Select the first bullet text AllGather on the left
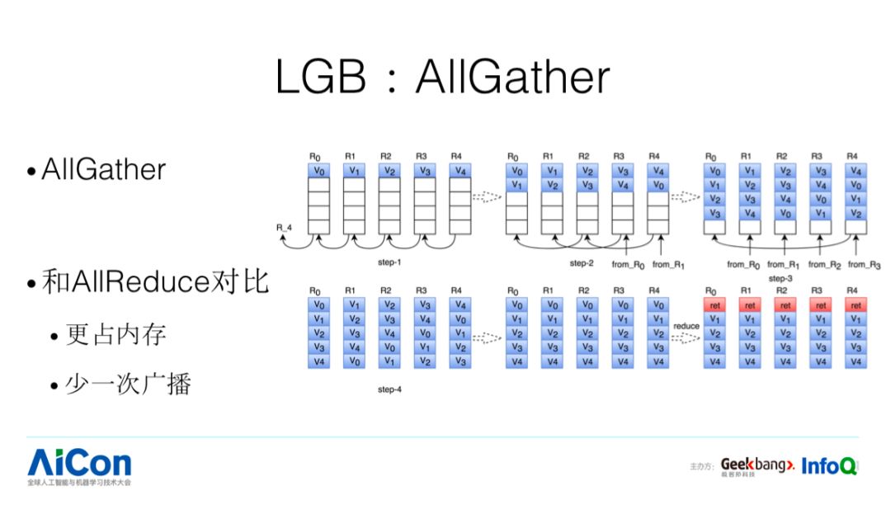[103, 170]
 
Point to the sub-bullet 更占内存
[115, 334]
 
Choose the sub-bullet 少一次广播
[128, 385]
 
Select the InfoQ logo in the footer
[828, 465]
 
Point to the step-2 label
[582, 263]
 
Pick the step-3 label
[780, 279]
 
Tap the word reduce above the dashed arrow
[686, 326]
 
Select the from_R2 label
[823, 265]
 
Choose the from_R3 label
[864, 265]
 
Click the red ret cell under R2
[785, 305]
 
